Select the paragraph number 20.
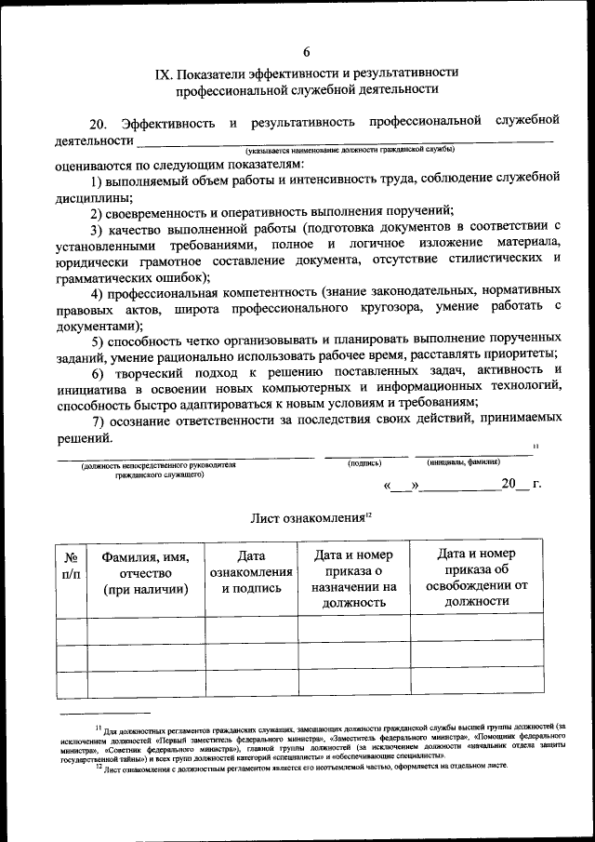pyautogui.click(x=99, y=124)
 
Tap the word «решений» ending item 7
pyautogui.click(x=84, y=438)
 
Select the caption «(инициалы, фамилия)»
pyautogui.click(x=464, y=462)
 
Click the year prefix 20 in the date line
pyautogui.click(x=508, y=485)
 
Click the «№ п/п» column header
pyautogui.click(x=71, y=566)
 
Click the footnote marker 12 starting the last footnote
pyautogui.click(x=99, y=768)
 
